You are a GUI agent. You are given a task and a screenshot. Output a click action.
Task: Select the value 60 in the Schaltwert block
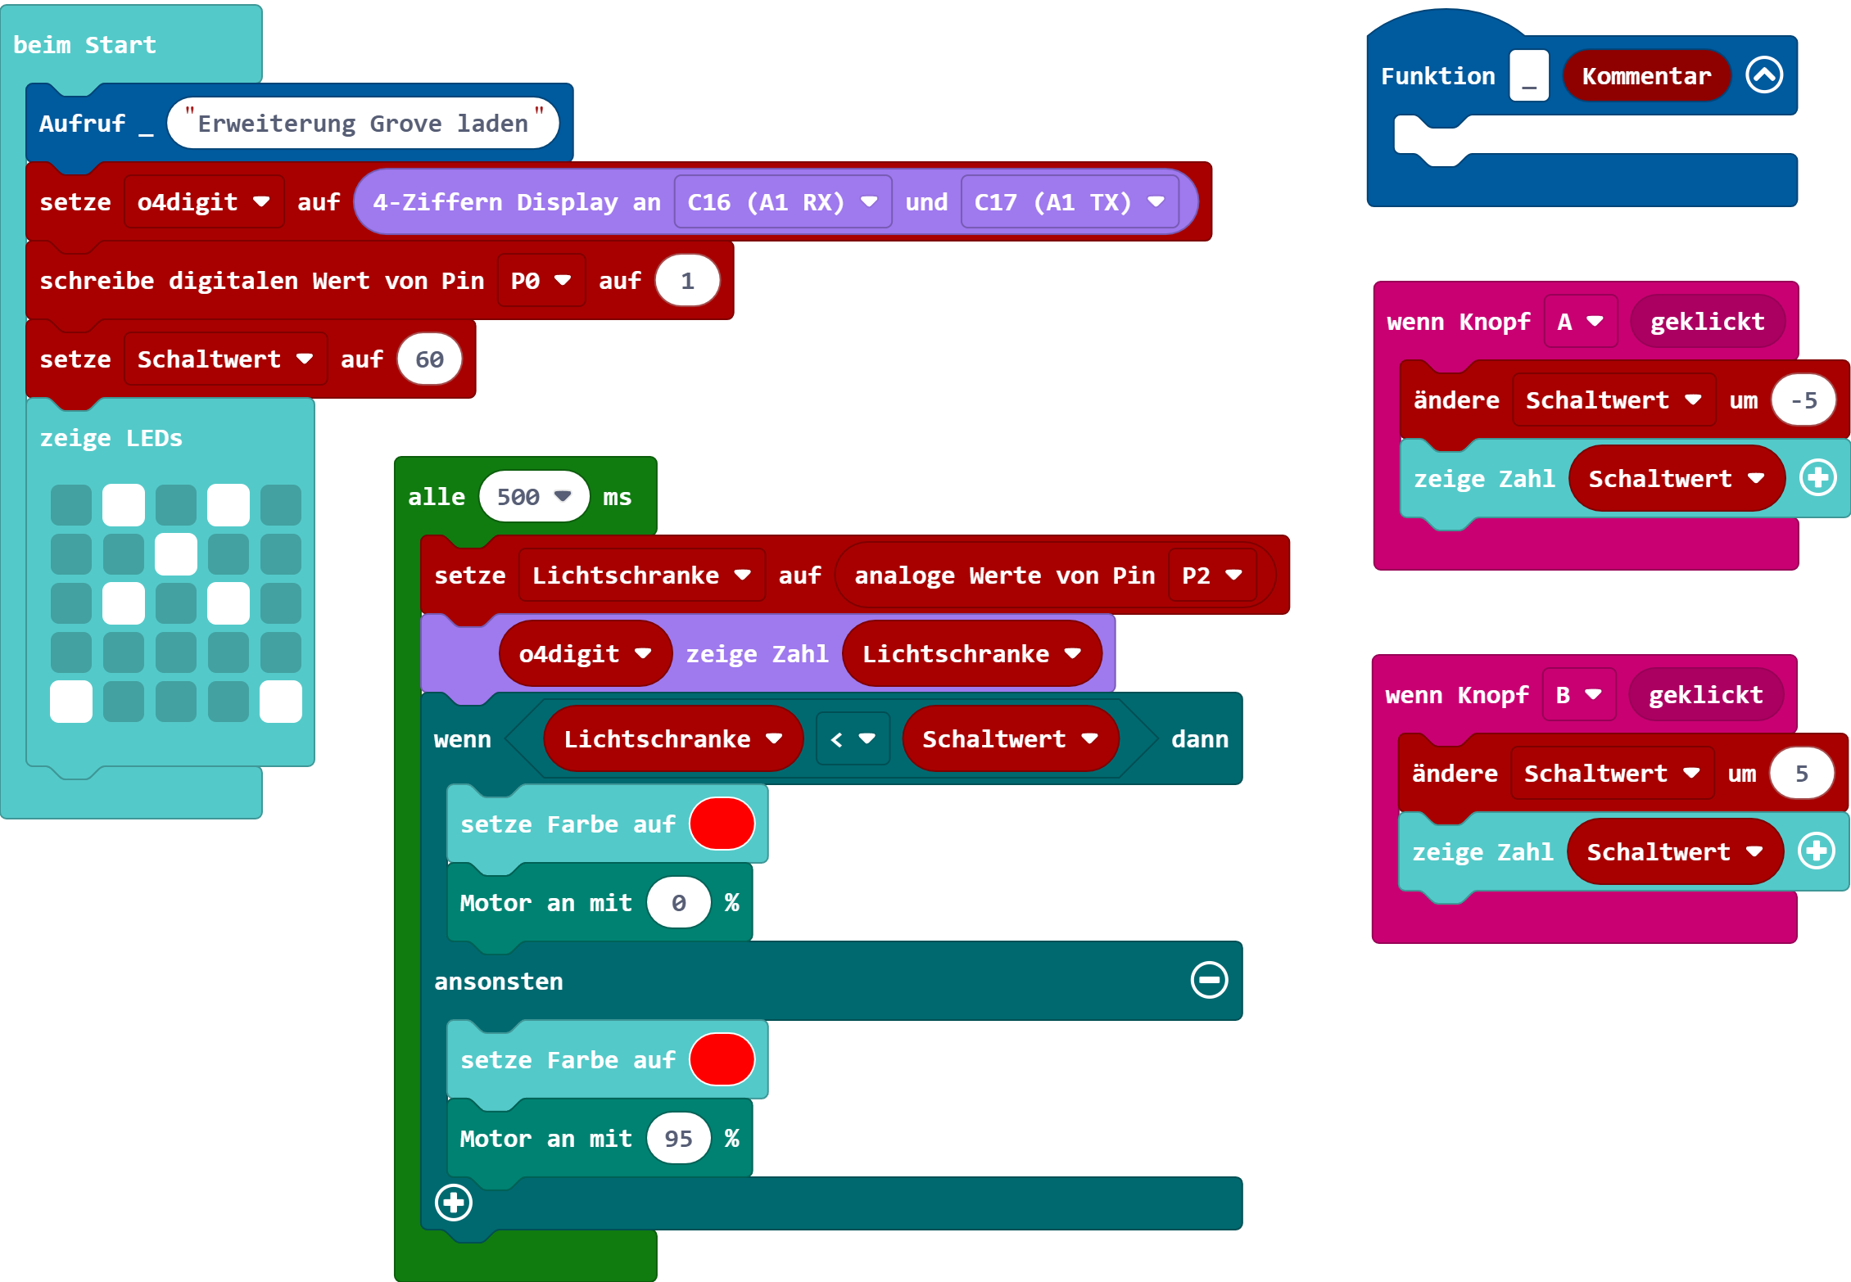pyautogui.click(x=429, y=359)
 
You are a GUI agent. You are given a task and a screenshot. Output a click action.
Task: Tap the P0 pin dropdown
pyautogui.click(x=541, y=281)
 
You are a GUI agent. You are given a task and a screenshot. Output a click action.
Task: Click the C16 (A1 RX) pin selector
pyautogui.click(x=782, y=201)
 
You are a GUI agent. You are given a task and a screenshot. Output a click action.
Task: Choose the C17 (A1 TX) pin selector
pyautogui.click(x=1069, y=201)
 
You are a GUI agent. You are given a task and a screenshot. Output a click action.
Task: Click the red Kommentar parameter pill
pyautogui.click(x=1646, y=76)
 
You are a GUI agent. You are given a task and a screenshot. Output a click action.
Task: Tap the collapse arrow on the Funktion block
pyautogui.click(x=1764, y=75)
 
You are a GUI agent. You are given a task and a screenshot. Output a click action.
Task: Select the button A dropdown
pyautogui.click(x=1580, y=321)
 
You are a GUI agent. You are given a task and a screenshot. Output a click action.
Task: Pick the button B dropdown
pyautogui.click(x=1578, y=694)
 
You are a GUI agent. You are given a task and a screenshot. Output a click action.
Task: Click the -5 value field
pyautogui.click(x=1803, y=400)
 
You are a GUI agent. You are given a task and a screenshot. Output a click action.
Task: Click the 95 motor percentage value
pyautogui.click(x=678, y=1138)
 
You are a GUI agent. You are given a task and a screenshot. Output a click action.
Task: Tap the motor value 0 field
pyautogui.click(x=678, y=902)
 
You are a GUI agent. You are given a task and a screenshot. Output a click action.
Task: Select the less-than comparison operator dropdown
pyautogui.click(x=853, y=738)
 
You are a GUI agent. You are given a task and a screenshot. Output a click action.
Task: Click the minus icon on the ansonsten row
pyautogui.click(x=1209, y=980)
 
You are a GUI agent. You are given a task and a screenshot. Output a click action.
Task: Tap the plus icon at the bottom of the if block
pyautogui.click(x=454, y=1202)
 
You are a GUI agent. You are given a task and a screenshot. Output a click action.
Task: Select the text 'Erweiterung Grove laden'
pyautogui.click(x=363, y=124)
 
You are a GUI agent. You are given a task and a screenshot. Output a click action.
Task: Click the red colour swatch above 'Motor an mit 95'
pyautogui.click(x=722, y=1059)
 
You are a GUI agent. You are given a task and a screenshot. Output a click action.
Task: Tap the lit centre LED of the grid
pyautogui.click(x=176, y=554)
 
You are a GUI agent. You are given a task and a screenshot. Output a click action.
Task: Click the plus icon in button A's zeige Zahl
pyautogui.click(x=1818, y=478)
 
